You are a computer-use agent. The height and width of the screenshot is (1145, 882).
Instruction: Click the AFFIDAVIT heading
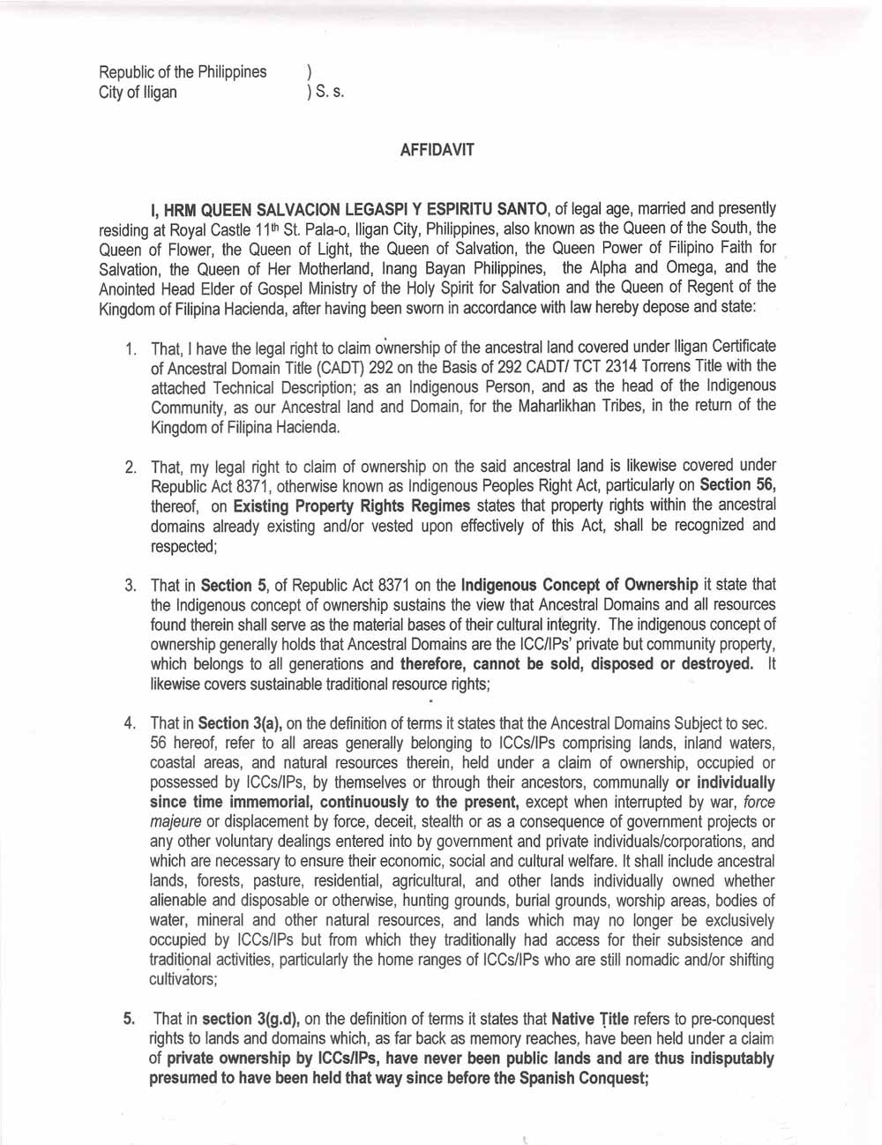pos(437,150)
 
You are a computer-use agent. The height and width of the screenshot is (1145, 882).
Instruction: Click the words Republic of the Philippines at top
pos(183,72)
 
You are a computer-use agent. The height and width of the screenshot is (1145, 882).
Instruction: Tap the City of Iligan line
pos(138,93)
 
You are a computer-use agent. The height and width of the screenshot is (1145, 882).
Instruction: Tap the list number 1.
pos(130,348)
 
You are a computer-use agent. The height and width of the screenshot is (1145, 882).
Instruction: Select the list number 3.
pos(130,586)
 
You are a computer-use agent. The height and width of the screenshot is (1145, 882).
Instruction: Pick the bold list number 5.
pos(129,1021)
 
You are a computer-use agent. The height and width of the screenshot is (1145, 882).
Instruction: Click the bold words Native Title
pos(591,1020)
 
